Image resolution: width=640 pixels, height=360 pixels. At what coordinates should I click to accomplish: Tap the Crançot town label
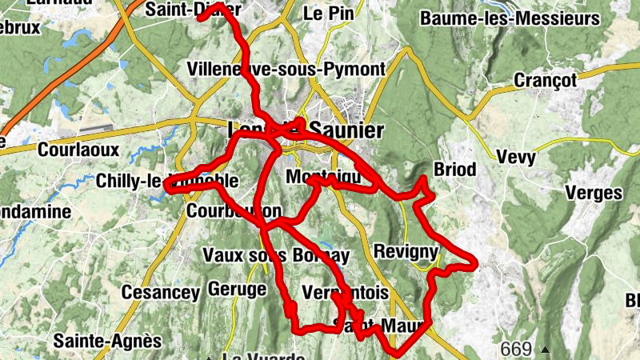(x=546, y=80)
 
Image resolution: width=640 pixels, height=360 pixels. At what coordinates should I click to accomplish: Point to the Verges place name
(x=593, y=193)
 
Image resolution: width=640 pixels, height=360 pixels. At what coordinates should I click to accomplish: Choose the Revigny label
(x=406, y=252)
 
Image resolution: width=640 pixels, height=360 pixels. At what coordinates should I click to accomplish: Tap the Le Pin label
(x=324, y=14)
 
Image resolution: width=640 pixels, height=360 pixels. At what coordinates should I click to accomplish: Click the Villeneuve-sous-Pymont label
(x=286, y=69)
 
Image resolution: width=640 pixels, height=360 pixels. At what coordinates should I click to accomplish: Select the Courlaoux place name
(x=78, y=149)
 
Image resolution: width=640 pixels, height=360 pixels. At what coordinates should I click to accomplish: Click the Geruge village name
(x=236, y=288)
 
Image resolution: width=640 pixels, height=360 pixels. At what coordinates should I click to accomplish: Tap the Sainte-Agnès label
(x=107, y=341)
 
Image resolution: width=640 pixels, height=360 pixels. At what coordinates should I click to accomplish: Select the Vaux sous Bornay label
(x=276, y=255)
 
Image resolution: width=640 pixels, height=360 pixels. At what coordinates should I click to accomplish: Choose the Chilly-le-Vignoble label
(x=166, y=181)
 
